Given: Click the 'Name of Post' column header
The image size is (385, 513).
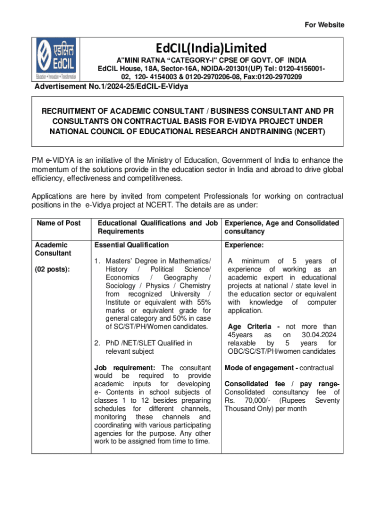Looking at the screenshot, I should (58, 223).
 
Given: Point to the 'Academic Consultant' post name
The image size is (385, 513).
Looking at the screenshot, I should (52, 249).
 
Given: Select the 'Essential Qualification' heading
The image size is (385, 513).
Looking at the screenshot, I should (131, 245).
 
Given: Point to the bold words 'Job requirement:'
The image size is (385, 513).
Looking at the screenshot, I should (120, 368).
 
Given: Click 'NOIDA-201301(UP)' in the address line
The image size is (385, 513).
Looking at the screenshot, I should (200, 68).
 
